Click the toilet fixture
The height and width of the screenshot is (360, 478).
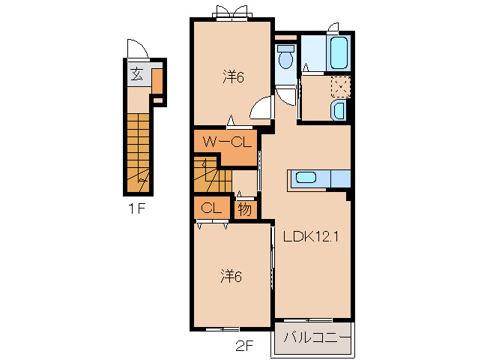point(286,57)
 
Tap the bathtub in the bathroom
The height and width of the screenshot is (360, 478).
point(339,53)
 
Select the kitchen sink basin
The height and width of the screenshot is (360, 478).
point(306,178)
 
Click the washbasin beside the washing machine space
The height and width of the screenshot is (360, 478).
point(338,109)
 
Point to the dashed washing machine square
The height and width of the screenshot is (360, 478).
point(340,87)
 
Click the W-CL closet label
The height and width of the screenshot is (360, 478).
point(228,142)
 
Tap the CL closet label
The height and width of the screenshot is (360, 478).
point(211,208)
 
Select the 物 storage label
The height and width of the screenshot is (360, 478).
point(245,209)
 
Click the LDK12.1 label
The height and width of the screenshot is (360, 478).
point(311,236)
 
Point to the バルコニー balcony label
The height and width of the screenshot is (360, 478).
point(317,338)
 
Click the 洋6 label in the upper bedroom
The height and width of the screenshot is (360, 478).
point(233,77)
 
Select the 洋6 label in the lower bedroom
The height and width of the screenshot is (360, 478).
point(231,276)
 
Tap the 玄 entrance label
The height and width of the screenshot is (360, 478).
point(137,74)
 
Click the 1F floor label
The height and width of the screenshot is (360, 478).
point(136,209)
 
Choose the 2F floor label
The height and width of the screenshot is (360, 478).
point(244,346)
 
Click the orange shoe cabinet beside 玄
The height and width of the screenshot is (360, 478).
point(157,81)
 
